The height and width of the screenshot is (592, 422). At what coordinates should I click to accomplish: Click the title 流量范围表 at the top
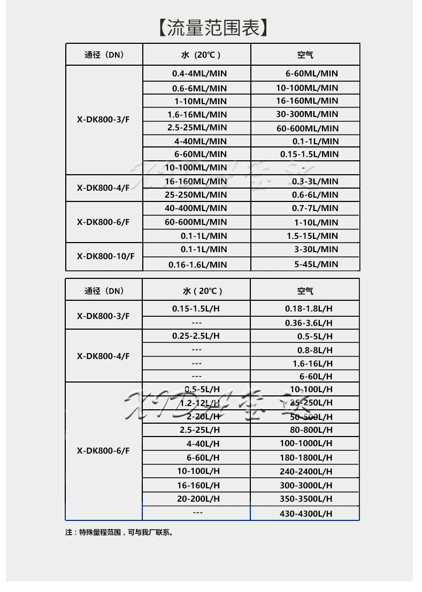click(x=212, y=27)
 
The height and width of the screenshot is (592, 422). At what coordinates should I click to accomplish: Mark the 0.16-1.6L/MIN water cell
click(x=197, y=264)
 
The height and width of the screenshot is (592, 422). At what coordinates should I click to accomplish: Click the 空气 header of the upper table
click(x=305, y=54)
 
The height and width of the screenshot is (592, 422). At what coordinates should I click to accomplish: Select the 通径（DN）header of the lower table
click(x=104, y=291)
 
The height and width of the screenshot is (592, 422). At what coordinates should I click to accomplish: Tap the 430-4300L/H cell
click(x=306, y=513)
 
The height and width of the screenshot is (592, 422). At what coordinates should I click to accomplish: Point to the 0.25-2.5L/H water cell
click(x=196, y=336)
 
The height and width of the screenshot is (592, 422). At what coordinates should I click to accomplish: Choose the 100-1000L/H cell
click(x=306, y=443)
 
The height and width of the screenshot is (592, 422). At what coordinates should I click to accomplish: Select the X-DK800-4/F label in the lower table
click(x=103, y=356)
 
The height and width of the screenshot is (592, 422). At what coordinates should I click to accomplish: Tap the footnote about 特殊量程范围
click(x=119, y=532)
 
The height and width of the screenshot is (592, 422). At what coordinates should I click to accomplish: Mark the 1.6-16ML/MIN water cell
click(x=197, y=114)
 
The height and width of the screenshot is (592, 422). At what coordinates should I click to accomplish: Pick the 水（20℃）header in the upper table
click(x=196, y=54)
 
